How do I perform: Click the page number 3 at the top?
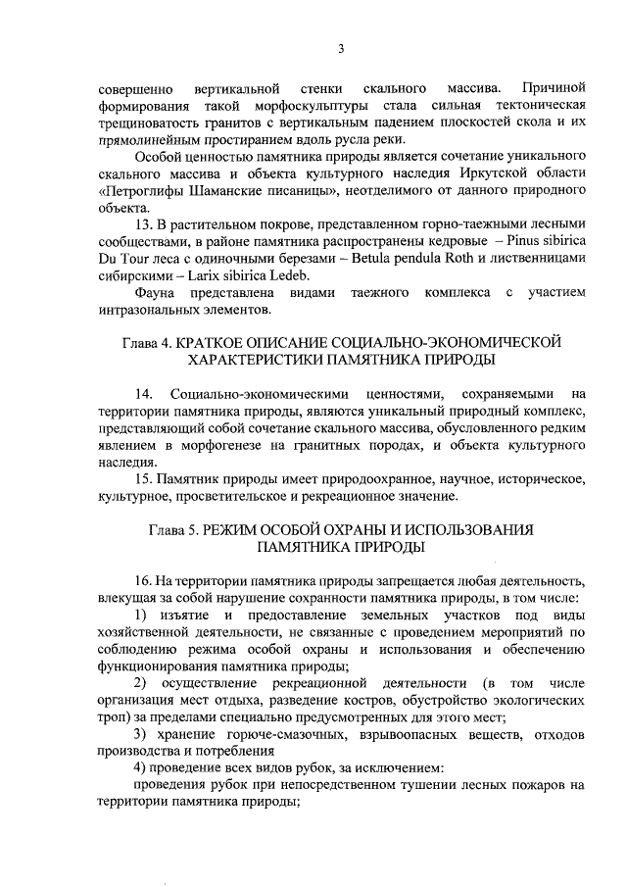coord(341,49)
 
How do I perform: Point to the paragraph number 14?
coord(143,394)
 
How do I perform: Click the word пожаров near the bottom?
coord(534,785)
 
